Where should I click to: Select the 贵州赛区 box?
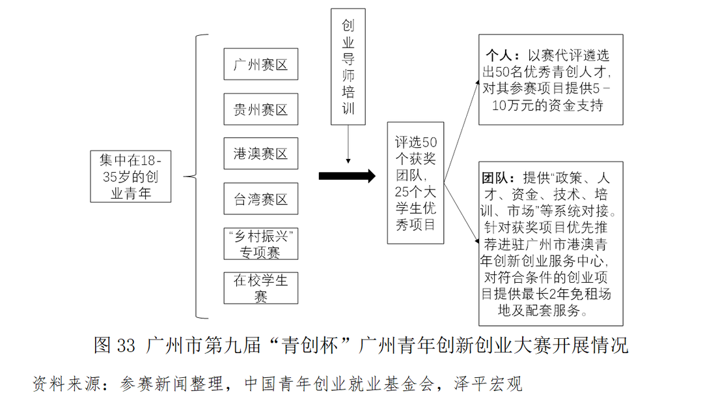pyautogui.click(x=260, y=109)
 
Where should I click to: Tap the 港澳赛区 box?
pyautogui.click(x=260, y=154)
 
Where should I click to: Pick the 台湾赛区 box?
pyautogui.click(x=260, y=199)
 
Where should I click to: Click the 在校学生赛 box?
pyautogui.click(x=260, y=288)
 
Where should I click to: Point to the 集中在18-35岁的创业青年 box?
pyautogui.click(x=131, y=176)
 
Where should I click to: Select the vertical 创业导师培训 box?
pyautogui.click(x=348, y=66)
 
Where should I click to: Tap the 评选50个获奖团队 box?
pyautogui.click(x=416, y=182)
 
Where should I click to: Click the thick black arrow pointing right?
pyautogui.click(x=347, y=176)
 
